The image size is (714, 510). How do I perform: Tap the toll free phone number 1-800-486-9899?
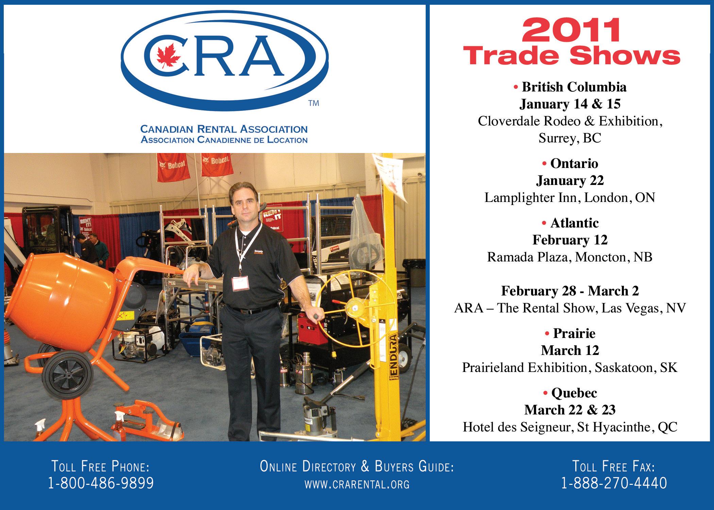101,483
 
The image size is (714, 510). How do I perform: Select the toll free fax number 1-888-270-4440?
614,483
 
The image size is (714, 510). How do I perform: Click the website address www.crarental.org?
357,484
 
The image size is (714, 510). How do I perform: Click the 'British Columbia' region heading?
574,87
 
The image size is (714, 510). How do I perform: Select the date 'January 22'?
570,180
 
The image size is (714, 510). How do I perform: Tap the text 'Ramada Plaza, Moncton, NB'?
570,257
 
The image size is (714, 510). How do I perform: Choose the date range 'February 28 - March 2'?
570,291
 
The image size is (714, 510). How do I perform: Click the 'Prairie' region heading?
574,333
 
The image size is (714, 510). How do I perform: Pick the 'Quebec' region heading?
574,393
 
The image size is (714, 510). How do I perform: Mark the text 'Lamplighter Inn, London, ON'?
570,198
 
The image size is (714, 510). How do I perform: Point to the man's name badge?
241,284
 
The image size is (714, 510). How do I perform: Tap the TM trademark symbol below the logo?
313,103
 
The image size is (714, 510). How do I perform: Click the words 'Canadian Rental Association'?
224,129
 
